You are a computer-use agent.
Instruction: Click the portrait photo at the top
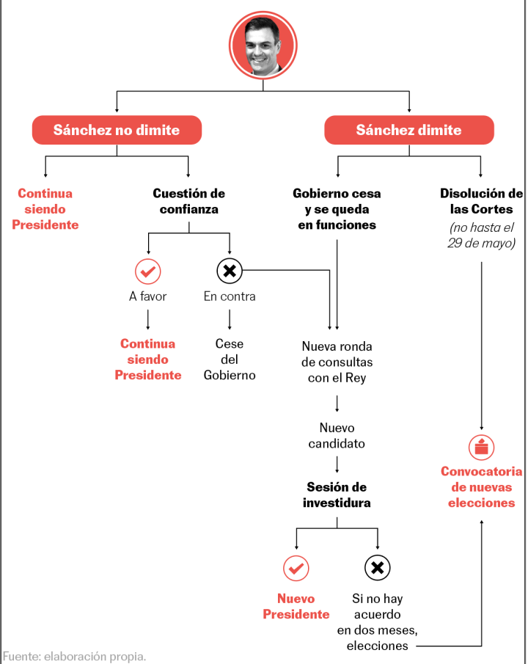[263, 46]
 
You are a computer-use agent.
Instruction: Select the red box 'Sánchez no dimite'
[117, 130]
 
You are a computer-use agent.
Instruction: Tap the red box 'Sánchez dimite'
[408, 130]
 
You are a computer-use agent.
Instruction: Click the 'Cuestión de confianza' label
[188, 201]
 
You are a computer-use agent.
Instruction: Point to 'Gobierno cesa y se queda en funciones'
[337, 209]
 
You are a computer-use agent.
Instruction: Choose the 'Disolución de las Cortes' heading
[481, 201]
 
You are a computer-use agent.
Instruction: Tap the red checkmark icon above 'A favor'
[147, 271]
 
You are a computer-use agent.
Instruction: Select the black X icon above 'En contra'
[230, 271]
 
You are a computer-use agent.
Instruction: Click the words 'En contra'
[230, 296]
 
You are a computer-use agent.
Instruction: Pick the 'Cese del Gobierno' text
[230, 359]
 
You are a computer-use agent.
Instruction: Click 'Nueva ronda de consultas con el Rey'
[337, 362]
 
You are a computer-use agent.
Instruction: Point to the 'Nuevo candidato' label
[337, 435]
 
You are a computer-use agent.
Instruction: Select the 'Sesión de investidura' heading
[337, 495]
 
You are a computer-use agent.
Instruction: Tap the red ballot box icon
[482, 447]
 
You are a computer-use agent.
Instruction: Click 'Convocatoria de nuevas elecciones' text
[482, 487]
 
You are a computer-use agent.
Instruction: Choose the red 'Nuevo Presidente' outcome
[296, 606]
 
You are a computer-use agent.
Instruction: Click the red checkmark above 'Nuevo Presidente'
[296, 567]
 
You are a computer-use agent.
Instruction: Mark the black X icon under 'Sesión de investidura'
[377, 567]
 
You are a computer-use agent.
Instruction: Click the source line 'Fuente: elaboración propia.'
[74, 655]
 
